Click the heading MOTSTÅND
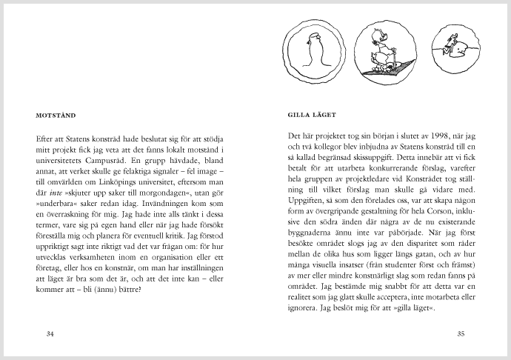[59, 116]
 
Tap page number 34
[50, 334]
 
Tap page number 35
[460, 334]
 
